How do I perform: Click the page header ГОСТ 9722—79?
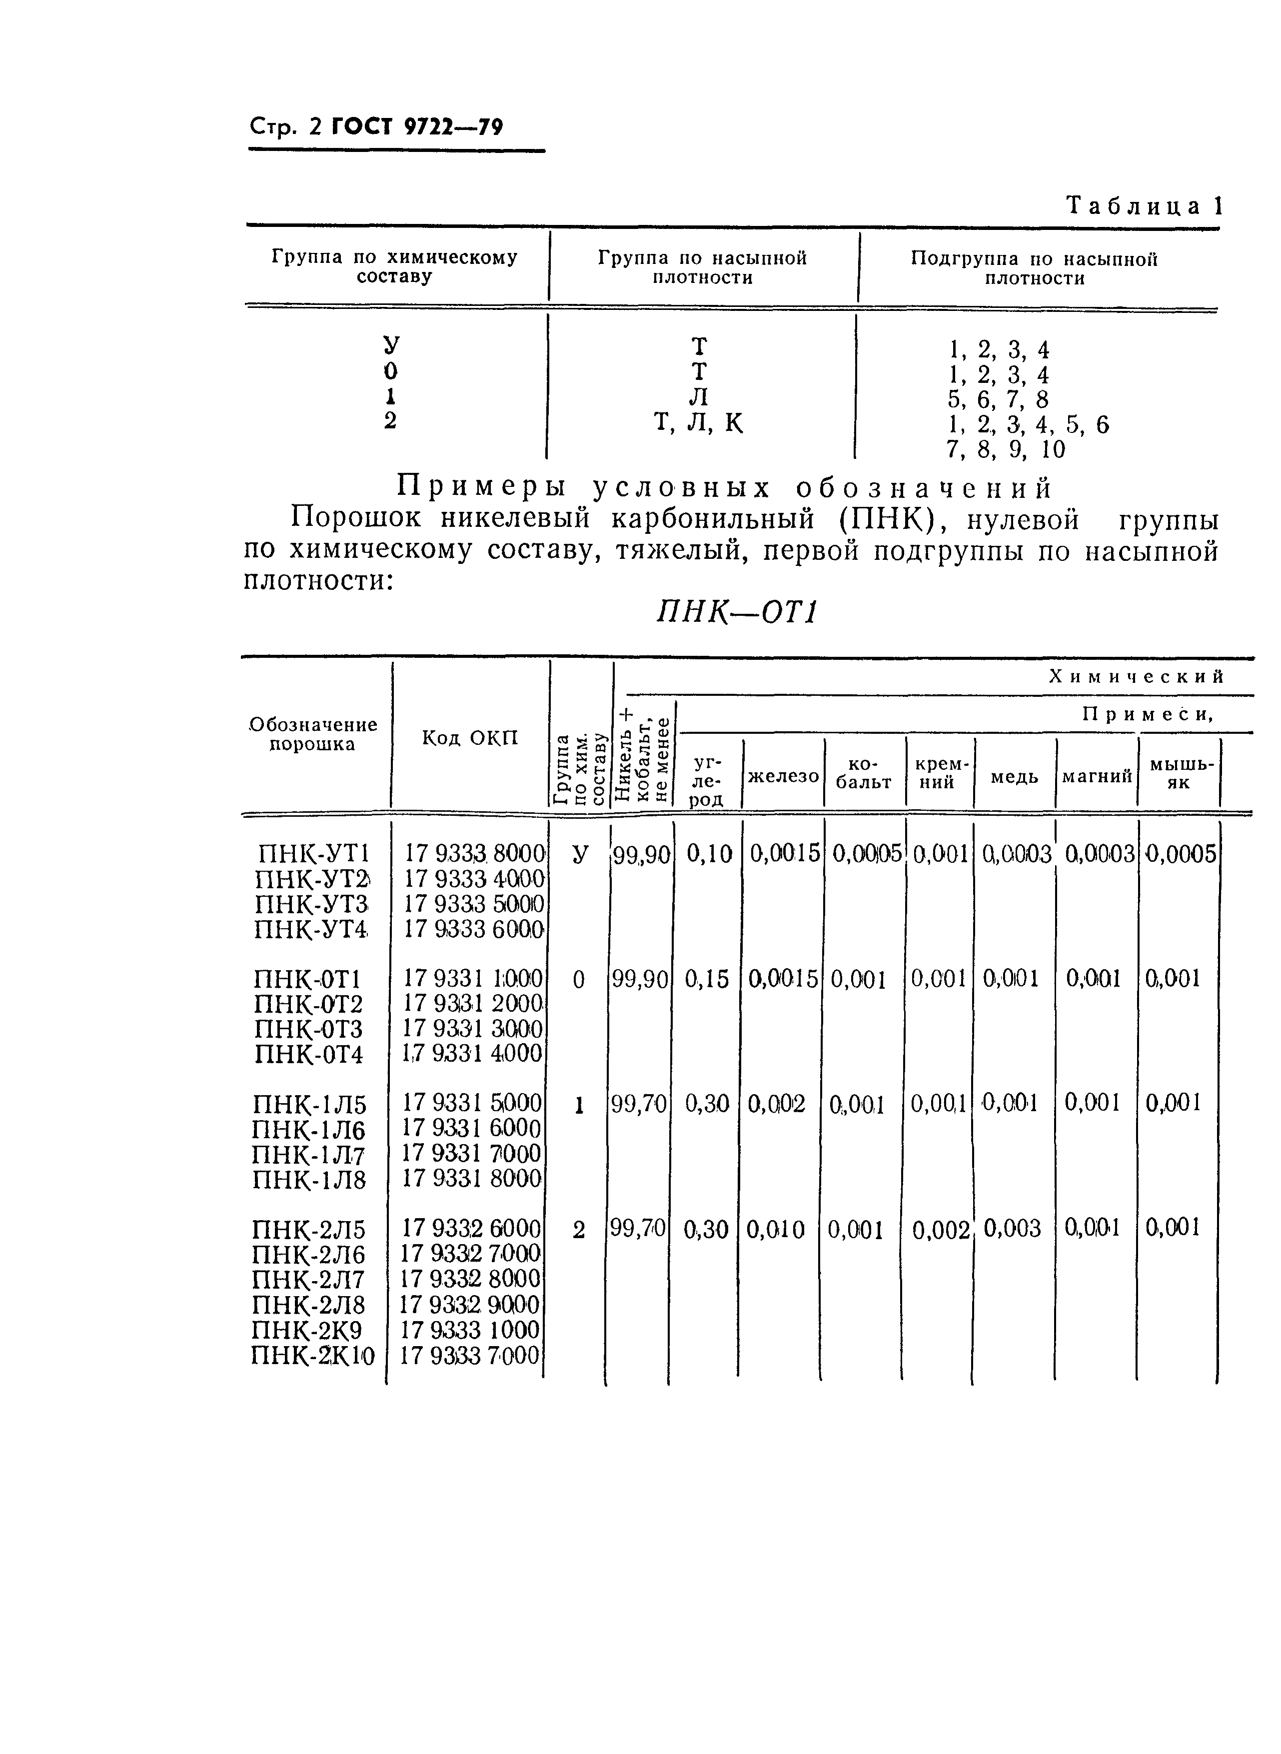[417, 125]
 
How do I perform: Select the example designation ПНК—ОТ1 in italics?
[737, 613]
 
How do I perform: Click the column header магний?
[1097, 775]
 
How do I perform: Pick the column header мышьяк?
[1179, 773]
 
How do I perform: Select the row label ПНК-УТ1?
[312, 854]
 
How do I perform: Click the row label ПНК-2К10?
[312, 1356]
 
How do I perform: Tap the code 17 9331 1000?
[473, 979]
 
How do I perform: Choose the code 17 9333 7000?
[470, 1356]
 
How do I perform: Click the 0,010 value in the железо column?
[775, 1229]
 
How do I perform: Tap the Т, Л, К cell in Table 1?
[699, 423]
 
